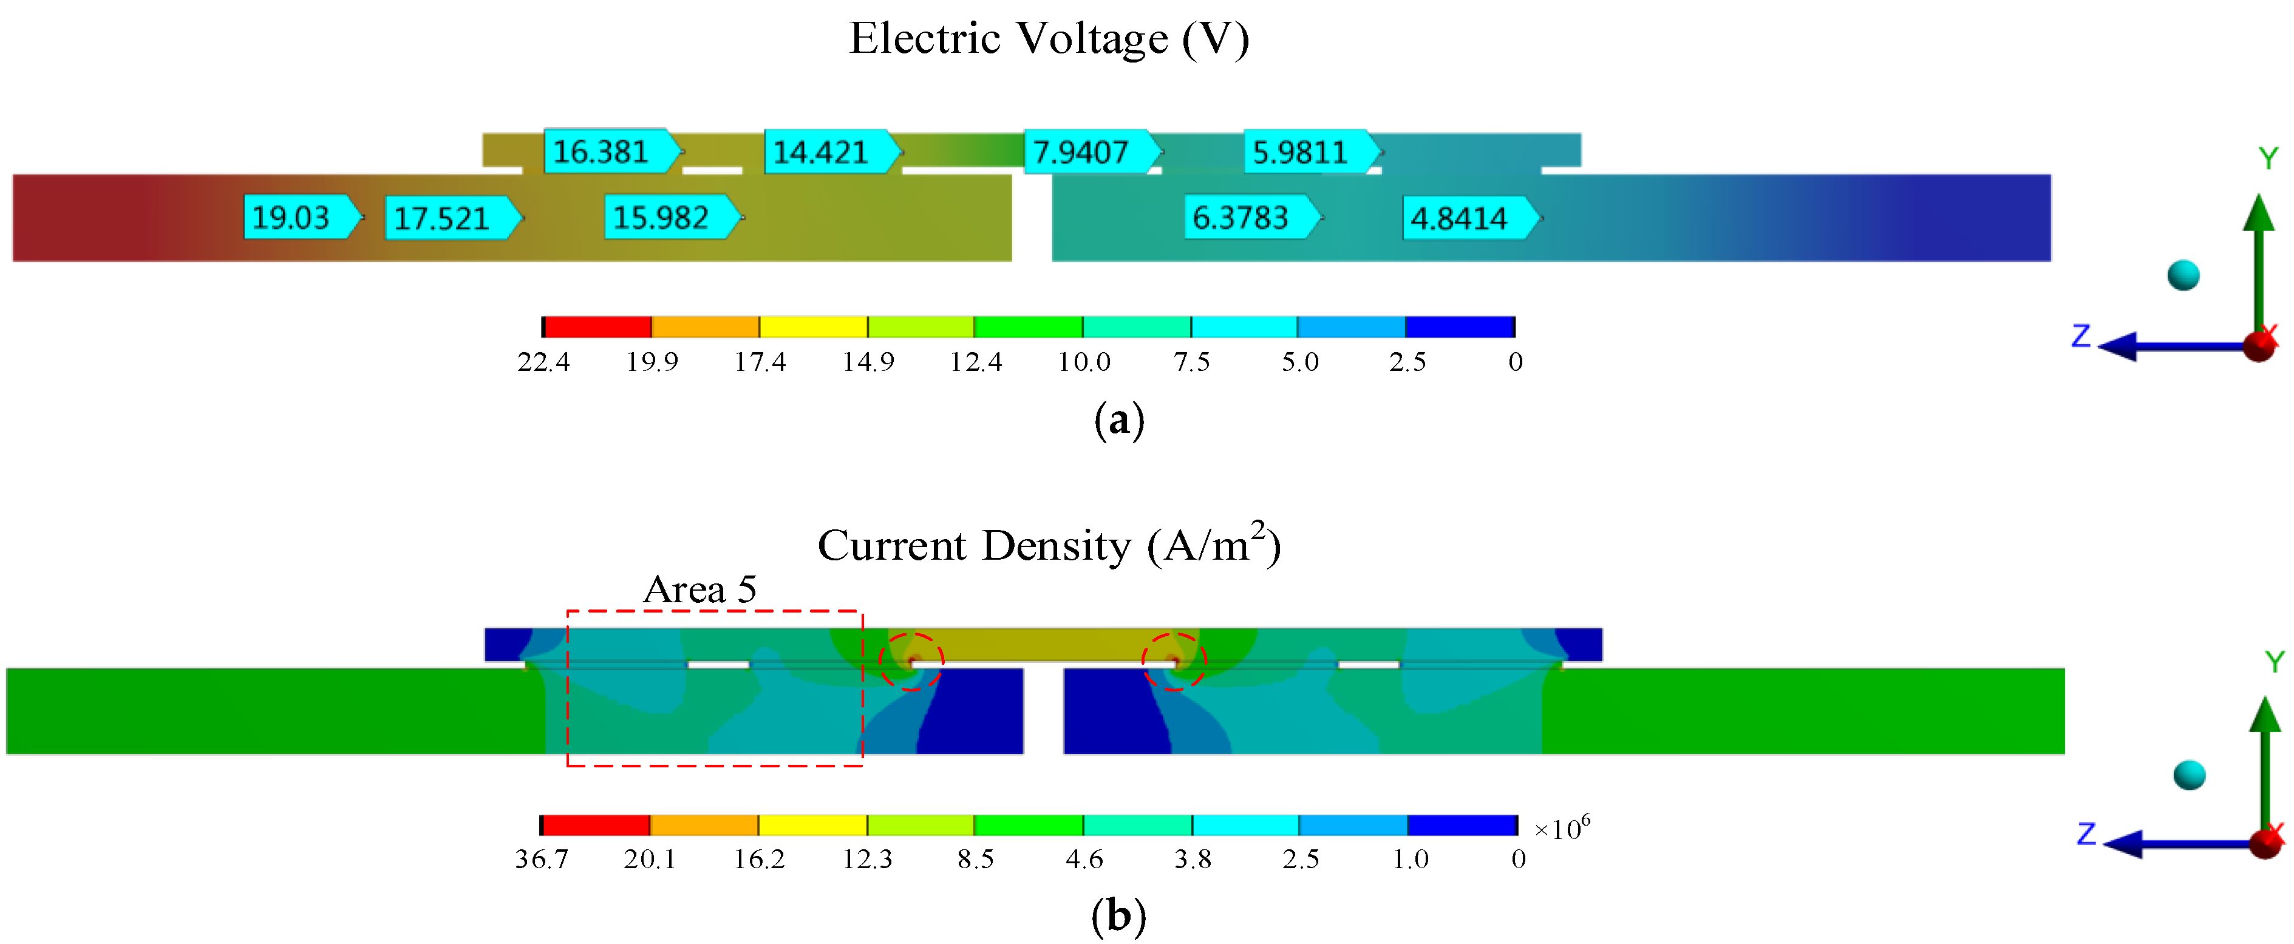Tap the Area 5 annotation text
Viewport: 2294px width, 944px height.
(700, 589)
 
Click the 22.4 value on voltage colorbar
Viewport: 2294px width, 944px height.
(543, 362)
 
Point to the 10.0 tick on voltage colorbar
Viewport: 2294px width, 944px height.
(1084, 362)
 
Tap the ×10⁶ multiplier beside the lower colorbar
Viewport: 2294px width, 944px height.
(1561, 828)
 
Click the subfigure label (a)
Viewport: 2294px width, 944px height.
(1118, 419)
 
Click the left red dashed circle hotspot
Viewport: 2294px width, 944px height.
(911, 660)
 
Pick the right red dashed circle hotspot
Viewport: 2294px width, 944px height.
(1174, 660)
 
